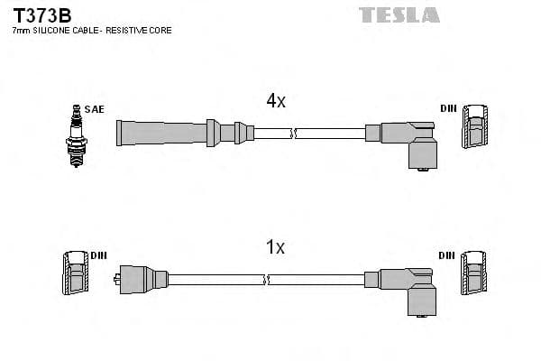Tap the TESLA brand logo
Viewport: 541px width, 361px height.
point(399,14)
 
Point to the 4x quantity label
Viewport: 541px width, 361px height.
point(275,102)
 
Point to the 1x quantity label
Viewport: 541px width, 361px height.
point(275,246)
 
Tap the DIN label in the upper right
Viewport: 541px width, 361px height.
point(448,109)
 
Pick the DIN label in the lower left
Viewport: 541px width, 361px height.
point(98,255)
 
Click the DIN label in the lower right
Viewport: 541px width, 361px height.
point(447,255)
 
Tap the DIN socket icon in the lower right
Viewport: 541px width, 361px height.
point(474,273)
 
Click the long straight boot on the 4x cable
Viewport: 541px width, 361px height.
point(162,133)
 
